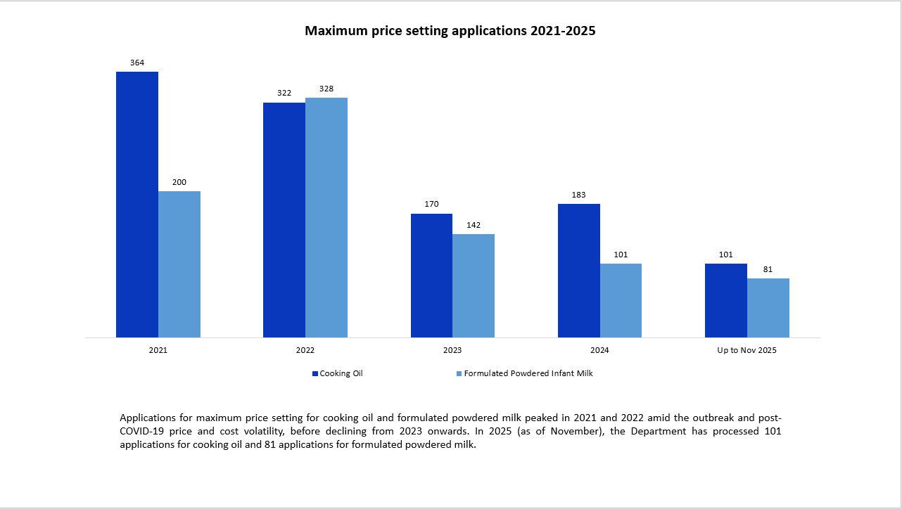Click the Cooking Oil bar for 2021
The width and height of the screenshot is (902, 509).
point(137,204)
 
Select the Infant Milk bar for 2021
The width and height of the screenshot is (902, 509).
point(179,264)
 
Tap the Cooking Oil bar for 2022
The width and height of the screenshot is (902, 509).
point(284,219)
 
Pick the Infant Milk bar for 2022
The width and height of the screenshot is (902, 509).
point(326,217)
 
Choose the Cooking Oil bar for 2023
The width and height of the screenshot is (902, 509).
point(431,275)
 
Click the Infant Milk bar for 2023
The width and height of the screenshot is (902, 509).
point(474,285)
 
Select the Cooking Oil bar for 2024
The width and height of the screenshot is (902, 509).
point(579,270)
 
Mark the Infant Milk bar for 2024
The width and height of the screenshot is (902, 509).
point(621,300)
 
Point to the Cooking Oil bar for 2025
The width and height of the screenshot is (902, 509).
point(726,300)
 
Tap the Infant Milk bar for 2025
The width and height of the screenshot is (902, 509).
point(768,307)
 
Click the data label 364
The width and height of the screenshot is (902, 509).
point(137,63)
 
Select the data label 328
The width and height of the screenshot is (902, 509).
point(326,89)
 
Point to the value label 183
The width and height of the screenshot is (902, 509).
point(579,195)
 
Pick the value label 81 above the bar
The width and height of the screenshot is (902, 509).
point(768,269)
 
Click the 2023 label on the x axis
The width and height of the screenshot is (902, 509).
point(452,350)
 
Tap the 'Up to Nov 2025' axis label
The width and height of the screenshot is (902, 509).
point(747,350)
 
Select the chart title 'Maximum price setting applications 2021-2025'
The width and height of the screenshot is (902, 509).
point(450,31)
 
